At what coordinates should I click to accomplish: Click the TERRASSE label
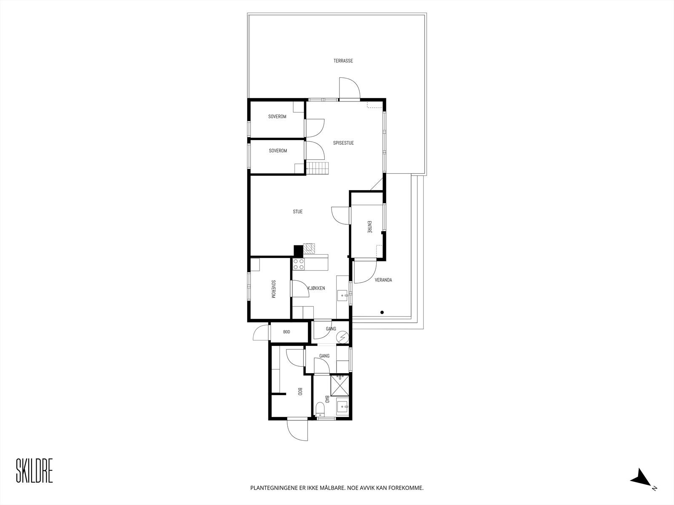(x=343, y=61)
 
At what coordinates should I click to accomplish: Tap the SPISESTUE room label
(x=343, y=143)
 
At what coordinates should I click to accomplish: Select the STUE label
(x=298, y=212)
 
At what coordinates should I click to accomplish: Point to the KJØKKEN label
(x=316, y=288)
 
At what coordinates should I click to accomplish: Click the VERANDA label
(x=383, y=280)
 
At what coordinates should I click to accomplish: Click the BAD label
(x=326, y=399)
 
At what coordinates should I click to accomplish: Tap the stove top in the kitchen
(x=299, y=264)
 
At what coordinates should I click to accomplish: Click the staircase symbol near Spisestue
(x=317, y=168)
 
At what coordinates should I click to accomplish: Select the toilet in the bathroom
(x=320, y=409)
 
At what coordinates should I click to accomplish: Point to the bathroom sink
(x=342, y=407)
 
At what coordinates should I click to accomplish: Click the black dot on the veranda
(x=382, y=312)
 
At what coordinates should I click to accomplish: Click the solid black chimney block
(x=298, y=251)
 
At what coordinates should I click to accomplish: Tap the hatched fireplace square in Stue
(x=310, y=248)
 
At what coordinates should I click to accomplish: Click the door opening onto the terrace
(x=350, y=89)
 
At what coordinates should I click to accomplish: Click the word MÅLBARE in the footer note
(x=331, y=488)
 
